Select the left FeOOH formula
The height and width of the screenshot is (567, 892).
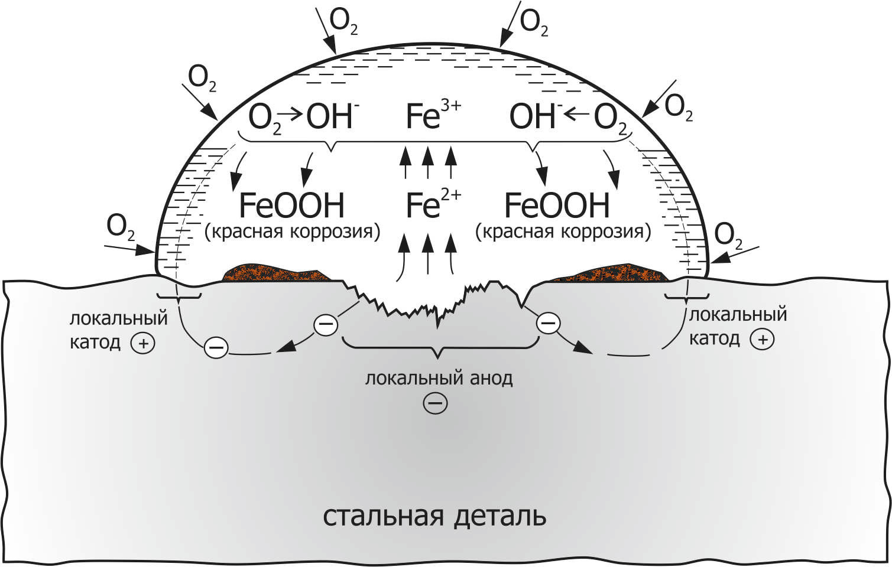coord(291,206)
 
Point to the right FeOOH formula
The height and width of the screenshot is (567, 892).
coord(556,206)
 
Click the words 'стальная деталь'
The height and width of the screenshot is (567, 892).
coord(434,516)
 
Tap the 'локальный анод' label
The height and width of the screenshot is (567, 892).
coord(439,378)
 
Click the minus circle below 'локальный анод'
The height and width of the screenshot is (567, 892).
coord(435,403)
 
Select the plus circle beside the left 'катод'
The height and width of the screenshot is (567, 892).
coord(143,343)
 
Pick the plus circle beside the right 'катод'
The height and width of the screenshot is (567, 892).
coord(762,339)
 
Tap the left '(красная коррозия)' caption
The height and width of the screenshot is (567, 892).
coord(292,231)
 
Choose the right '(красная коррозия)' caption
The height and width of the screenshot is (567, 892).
coord(563,231)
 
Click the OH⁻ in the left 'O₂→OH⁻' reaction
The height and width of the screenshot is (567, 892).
coord(330,116)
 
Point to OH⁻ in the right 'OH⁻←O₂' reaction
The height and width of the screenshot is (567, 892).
coord(533,116)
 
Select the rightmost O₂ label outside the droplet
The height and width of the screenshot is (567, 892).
coord(729,235)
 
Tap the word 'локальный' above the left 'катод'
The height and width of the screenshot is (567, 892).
coord(119,319)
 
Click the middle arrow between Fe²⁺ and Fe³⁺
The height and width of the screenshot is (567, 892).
coord(428,163)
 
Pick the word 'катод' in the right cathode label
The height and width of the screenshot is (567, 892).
coord(714,338)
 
